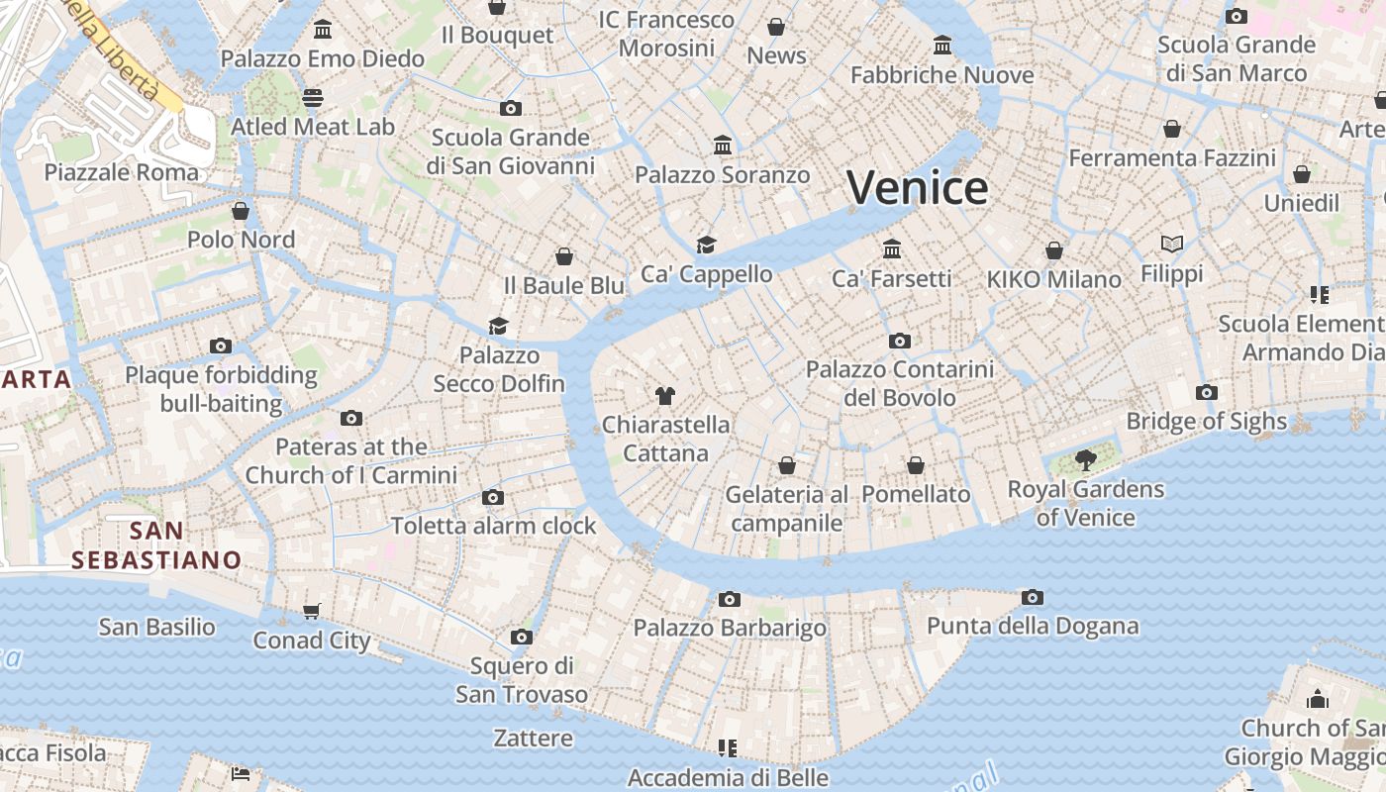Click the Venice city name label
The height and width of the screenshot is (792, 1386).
tap(917, 187)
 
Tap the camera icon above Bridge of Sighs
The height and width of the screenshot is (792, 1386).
tap(1206, 392)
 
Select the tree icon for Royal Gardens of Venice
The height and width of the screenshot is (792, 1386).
tap(1085, 459)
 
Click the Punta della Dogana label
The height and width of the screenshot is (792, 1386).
tap(1032, 626)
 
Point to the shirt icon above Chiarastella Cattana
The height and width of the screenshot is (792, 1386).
tap(664, 396)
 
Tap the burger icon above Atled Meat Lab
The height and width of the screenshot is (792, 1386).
tap(313, 98)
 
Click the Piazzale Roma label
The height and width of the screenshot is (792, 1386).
tap(121, 172)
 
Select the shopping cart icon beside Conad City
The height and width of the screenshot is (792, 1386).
tap(311, 611)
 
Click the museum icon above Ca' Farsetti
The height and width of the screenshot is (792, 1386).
tap(891, 248)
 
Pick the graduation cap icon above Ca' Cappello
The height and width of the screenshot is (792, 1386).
tap(705, 245)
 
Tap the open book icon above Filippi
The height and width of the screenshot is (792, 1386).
tap(1171, 244)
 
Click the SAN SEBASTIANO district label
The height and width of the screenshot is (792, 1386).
tap(156, 545)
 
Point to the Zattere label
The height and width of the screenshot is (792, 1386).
tap(533, 739)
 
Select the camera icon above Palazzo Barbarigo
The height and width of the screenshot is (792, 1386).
tap(729, 599)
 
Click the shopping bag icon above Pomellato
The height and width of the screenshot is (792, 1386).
tap(916, 464)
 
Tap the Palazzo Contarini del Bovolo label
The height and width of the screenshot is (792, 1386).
tap(899, 383)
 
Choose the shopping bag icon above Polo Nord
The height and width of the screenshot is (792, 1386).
tap(241, 210)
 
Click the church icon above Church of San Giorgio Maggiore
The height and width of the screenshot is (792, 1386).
tap(1317, 699)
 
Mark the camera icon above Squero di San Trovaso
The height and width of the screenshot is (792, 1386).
tap(522, 637)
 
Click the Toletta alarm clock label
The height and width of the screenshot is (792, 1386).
tap(493, 526)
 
